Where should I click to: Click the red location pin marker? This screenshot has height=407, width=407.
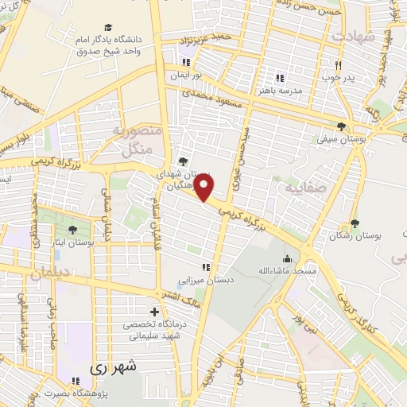pyautogui.click(x=204, y=188)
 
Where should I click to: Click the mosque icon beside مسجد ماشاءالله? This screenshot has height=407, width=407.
pyautogui.click(x=287, y=258)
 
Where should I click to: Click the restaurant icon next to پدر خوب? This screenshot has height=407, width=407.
pyautogui.click(x=338, y=65)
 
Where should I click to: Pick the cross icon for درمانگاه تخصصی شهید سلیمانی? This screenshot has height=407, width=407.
pyautogui.click(x=154, y=312)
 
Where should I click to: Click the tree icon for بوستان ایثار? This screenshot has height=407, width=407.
pyautogui.click(x=72, y=229)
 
